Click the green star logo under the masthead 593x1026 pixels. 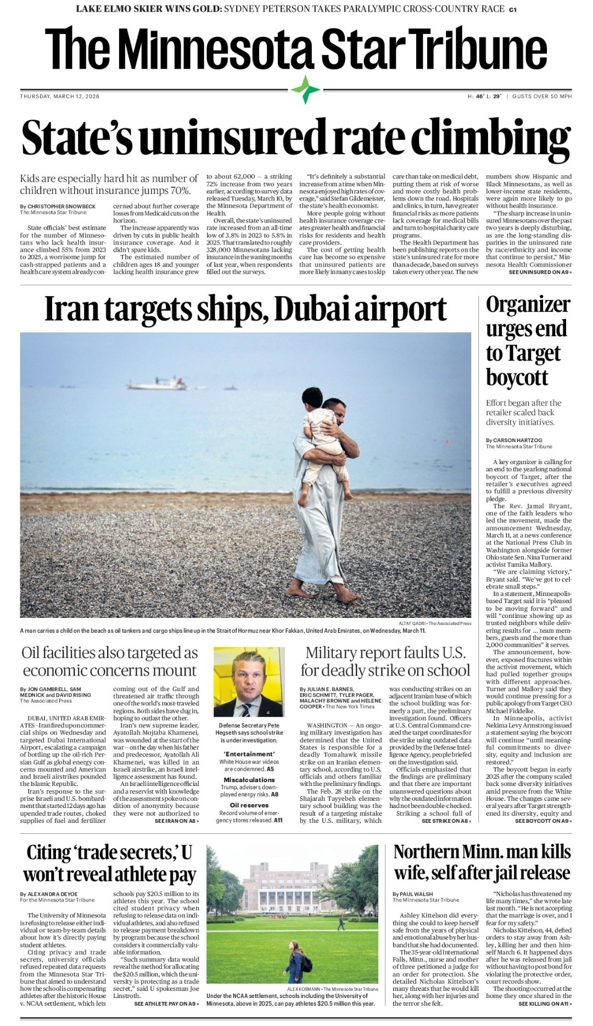click(305, 89)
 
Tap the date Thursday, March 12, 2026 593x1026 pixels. click(60, 97)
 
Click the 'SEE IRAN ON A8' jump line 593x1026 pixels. click(176, 821)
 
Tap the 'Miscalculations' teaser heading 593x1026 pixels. click(249, 780)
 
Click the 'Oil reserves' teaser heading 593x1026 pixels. click(249, 805)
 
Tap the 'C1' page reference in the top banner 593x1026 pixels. click(512, 9)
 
